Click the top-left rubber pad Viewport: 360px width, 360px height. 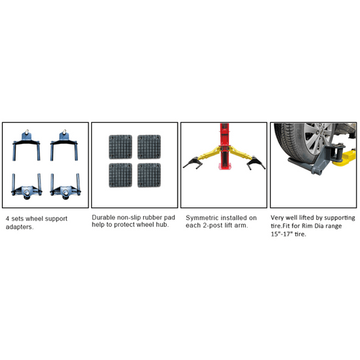tap(120, 147)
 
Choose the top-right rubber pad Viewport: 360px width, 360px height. tap(149, 147)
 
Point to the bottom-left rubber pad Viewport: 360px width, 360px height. tap(120, 175)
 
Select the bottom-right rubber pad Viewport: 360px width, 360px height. tap(149, 175)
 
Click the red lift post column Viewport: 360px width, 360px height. tap(224, 147)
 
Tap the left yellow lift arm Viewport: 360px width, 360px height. tap(209, 154)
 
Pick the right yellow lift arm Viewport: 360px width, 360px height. tap(240, 153)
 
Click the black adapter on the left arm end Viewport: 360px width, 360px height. tap(191, 163)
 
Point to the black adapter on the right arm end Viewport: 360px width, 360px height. tap(256, 162)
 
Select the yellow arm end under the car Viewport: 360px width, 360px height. tap(344, 158)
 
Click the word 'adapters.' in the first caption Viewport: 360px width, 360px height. tap(20, 227)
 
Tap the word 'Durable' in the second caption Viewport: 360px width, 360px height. tap(103, 217)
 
